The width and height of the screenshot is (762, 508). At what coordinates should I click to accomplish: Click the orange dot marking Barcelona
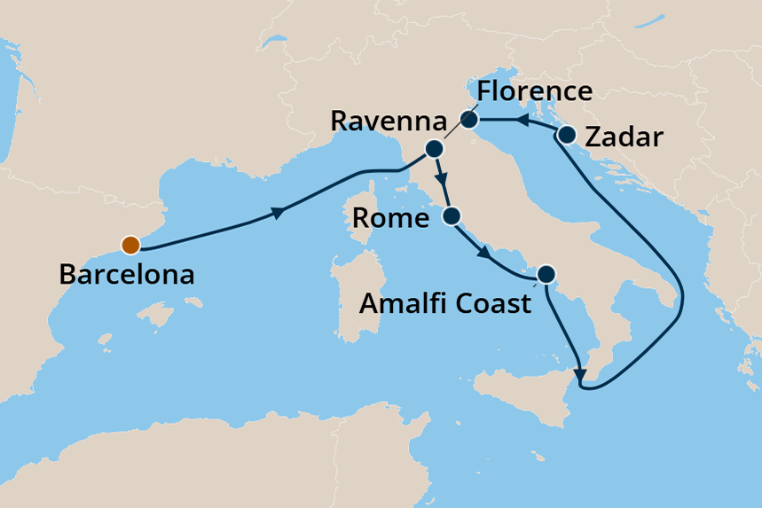[x=130, y=245]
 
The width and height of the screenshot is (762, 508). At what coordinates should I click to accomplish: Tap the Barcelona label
[x=126, y=274]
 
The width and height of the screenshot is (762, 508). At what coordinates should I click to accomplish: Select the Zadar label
[x=625, y=137]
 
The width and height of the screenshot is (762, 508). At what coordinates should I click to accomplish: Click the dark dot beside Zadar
[x=568, y=136]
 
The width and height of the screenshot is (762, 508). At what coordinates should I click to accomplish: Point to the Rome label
[x=390, y=217]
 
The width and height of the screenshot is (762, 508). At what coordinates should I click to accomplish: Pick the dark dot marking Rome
[x=452, y=215]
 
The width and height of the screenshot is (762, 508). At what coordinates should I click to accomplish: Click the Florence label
[x=534, y=91]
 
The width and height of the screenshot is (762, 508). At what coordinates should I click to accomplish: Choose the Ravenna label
[x=374, y=121]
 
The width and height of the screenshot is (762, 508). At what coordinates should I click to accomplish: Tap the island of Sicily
[x=523, y=390]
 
